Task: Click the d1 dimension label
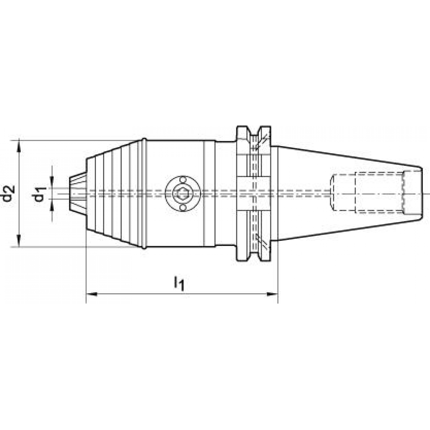(x=39, y=193)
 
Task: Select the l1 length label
(x=178, y=283)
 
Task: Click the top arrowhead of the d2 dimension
(x=18, y=145)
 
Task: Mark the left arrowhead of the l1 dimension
(x=92, y=294)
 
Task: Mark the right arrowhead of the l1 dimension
(x=272, y=294)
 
